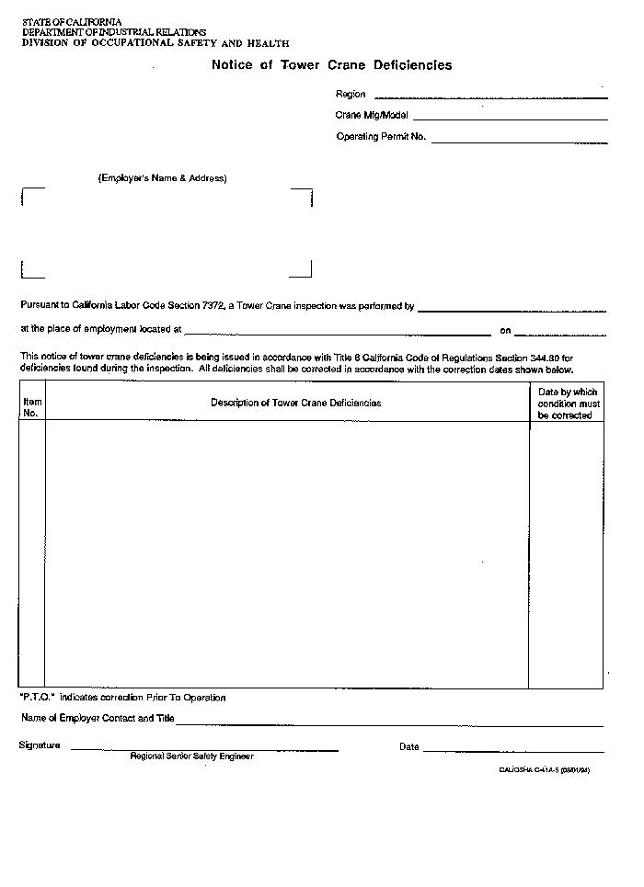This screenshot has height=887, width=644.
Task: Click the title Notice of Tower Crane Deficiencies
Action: pos(331,65)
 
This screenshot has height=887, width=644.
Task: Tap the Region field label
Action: pos(351,94)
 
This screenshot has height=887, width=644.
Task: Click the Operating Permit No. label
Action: pos(381,137)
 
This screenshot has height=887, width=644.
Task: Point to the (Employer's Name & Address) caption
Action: pos(162,178)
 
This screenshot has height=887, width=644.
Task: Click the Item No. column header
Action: pos(31,407)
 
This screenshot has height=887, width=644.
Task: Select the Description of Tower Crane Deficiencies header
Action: pos(295,403)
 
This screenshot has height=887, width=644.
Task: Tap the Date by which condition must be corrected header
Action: pos(568,404)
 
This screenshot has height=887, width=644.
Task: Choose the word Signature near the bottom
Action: pos(40,745)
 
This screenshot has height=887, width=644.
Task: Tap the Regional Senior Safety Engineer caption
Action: pos(191,756)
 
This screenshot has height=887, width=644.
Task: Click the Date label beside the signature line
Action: pos(408,746)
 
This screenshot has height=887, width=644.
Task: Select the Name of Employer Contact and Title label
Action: pos(97,718)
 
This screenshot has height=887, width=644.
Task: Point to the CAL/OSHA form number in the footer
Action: pos(537,770)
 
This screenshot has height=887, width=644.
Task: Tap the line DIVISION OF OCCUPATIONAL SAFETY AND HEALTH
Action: pos(155,42)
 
